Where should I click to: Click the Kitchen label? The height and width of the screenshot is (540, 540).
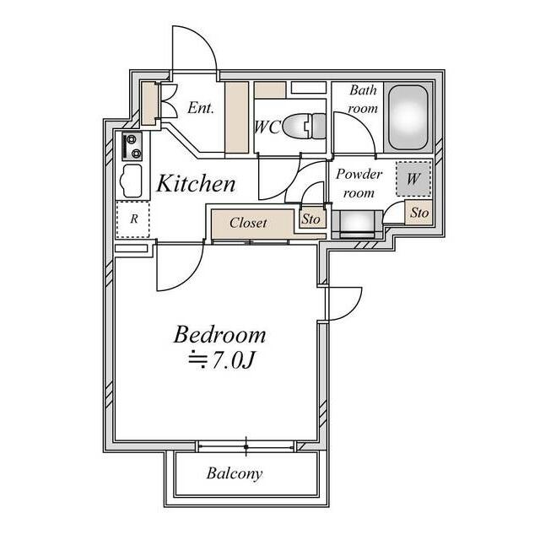tap(196, 183)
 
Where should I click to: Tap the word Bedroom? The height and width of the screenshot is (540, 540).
tap(219, 335)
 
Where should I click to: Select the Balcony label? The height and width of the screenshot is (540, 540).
tap(235, 473)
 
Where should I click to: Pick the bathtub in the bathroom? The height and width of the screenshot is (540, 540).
tap(408, 117)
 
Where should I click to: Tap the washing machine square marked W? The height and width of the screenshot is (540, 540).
tap(413, 179)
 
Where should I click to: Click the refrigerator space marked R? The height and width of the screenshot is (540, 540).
tap(133, 219)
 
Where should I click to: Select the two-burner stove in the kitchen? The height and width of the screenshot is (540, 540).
tap(132, 146)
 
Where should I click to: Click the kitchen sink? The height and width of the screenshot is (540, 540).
tap(131, 180)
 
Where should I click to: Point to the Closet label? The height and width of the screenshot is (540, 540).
tap(248, 223)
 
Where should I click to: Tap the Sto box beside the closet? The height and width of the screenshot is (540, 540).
tap(312, 219)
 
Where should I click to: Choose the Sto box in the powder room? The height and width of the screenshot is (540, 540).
tap(419, 213)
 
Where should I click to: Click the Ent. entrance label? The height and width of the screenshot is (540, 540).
tap(201, 108)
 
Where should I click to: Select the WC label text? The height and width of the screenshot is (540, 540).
tap(267, 127)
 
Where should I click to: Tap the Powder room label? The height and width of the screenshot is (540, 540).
tap(359, 183)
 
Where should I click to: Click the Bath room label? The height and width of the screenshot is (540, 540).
tap(363, 100)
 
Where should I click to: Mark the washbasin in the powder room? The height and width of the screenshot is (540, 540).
tap(357, 224)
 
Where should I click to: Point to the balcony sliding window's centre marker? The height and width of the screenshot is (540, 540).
tap(246, 446)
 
